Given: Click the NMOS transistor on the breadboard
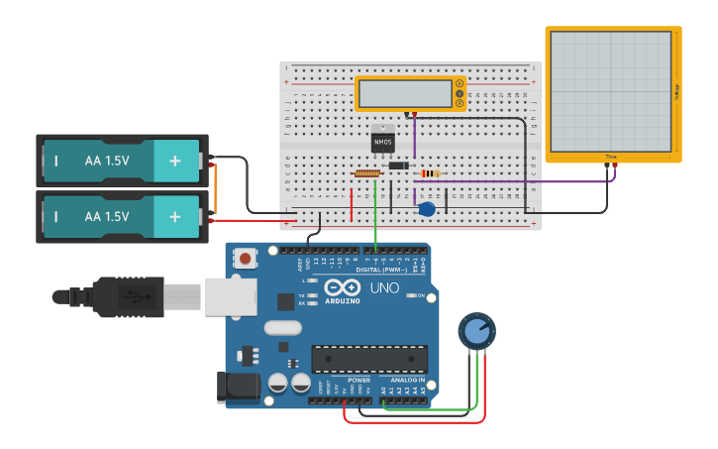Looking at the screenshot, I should point(382,142).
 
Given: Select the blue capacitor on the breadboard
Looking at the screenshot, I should point(427,209).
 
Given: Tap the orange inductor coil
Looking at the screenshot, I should point(367,173).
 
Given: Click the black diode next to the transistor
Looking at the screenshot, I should point(399,166).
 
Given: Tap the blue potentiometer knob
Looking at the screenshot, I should point(476,331).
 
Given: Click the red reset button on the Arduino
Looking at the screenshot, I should point(246,260).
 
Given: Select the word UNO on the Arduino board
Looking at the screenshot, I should point(384,287).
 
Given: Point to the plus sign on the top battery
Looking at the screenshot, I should point(175,161).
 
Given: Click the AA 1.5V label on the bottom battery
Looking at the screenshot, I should point(107,216).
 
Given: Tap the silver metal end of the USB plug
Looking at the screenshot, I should point(231,296).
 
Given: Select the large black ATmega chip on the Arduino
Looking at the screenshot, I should point(369,359).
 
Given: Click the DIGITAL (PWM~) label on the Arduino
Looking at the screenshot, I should point(380,269).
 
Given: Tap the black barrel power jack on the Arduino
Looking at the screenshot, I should point(238,386).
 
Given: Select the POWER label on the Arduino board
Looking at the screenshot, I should point(359,380).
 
